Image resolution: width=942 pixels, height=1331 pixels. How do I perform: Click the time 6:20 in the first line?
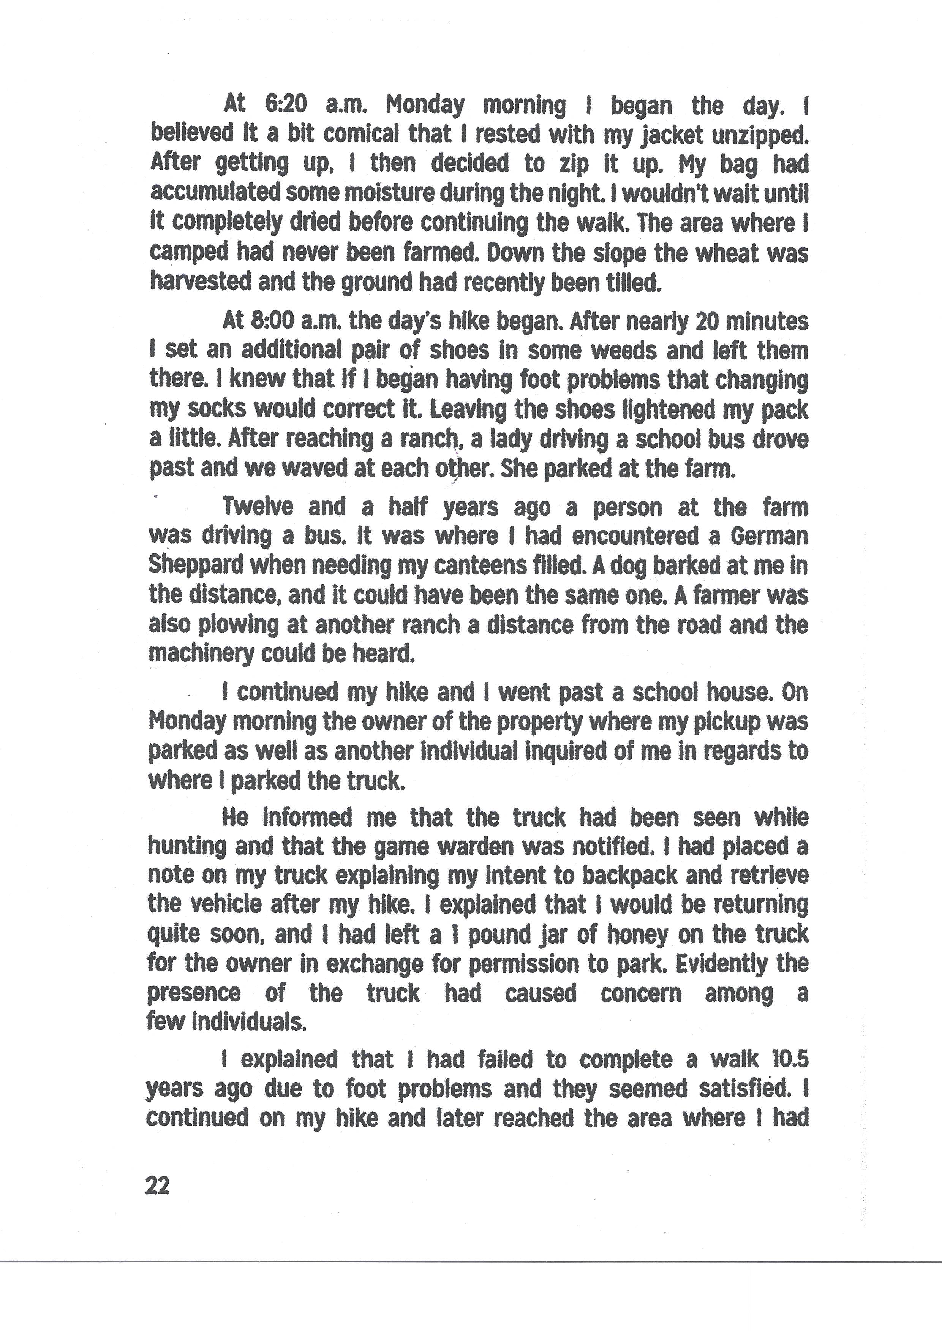286,105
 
